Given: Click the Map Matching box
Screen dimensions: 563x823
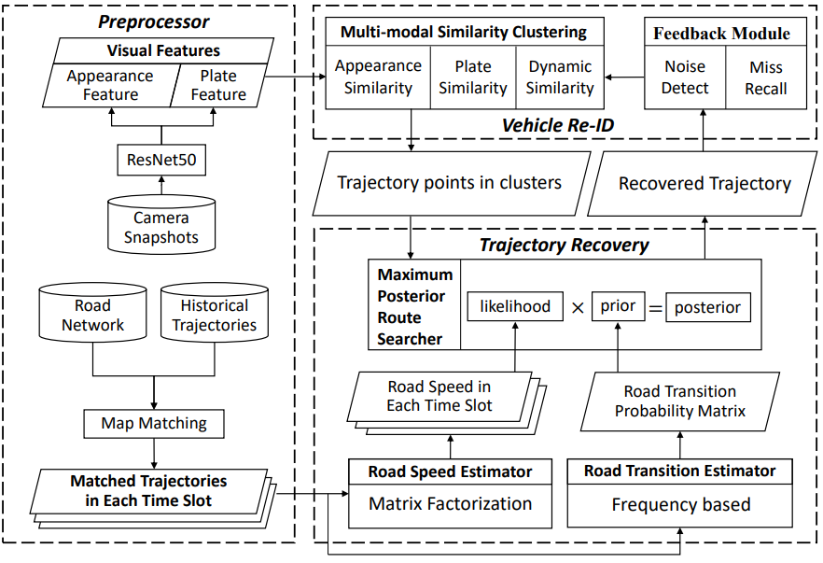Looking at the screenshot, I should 153,423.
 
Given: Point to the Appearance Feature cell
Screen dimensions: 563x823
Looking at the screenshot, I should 110,85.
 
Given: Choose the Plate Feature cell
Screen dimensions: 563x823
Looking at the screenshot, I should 218,85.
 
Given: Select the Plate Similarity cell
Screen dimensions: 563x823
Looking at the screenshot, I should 473,77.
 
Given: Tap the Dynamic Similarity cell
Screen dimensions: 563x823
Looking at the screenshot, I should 560,77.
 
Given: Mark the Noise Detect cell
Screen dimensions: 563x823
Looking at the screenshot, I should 686,77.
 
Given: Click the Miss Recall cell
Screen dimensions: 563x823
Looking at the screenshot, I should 767,77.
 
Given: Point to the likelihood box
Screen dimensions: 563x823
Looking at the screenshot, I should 516,306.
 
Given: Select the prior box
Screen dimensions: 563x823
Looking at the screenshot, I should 619,306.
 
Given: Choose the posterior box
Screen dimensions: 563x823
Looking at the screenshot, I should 708,307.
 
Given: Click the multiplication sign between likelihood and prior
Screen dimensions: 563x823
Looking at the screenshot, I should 578,307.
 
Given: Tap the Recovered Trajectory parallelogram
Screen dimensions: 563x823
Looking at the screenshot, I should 704,184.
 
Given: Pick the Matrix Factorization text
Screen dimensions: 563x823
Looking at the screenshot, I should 450,504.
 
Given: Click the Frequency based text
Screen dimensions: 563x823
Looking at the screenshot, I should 680,505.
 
